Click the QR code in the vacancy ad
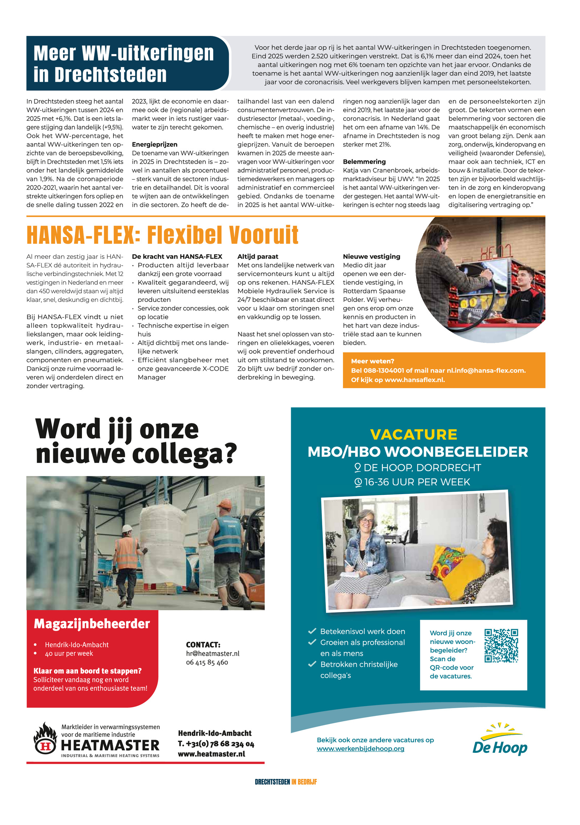501,645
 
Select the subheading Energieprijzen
154,144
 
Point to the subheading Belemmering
364,162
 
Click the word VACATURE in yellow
414,434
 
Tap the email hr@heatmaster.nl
212,653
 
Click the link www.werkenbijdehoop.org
360,748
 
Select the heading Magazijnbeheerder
92,624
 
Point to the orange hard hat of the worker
226,504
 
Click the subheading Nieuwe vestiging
372,256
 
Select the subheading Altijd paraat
258,256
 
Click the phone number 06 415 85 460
207,662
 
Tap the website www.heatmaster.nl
211,754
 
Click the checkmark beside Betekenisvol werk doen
312,631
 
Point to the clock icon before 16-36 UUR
358,482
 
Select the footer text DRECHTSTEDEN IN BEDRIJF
286,782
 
